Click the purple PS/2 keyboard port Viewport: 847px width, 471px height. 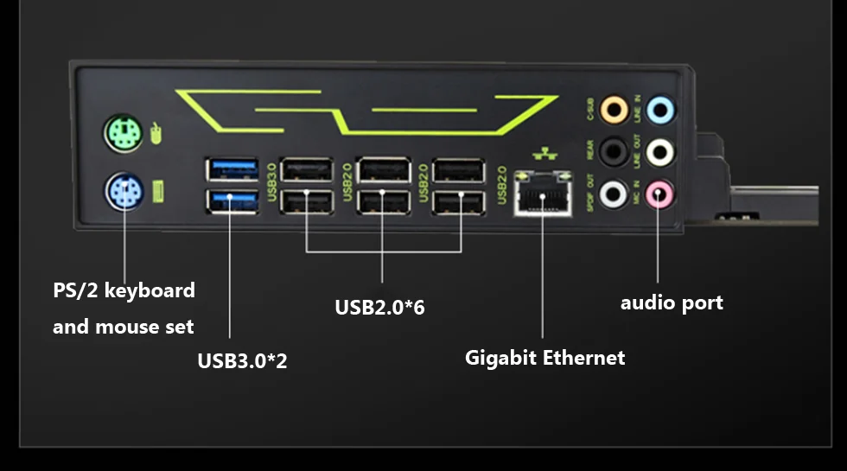pos(124,190)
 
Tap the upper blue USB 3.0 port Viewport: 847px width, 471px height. pos(232,168)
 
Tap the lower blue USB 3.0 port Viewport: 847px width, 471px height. pos(232,201)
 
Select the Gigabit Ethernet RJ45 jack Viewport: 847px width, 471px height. pos(542,194)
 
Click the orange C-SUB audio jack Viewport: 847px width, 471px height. pos(614,109)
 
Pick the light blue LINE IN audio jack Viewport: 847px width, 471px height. pos(661,109)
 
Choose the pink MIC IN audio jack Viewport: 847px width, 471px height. pos(660,194)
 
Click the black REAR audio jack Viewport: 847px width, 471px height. pos(614,152)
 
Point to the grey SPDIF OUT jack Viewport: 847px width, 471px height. pos(614,194)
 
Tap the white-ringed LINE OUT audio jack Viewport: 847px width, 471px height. pos(661,152)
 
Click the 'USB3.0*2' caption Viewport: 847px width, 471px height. pos(242,360)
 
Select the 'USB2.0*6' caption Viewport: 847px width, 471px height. pos(379,307)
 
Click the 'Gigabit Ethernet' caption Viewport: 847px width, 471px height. pos(544,357)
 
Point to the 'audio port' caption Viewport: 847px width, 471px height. pos(672,302)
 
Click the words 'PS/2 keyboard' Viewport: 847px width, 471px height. pos(124,290)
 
